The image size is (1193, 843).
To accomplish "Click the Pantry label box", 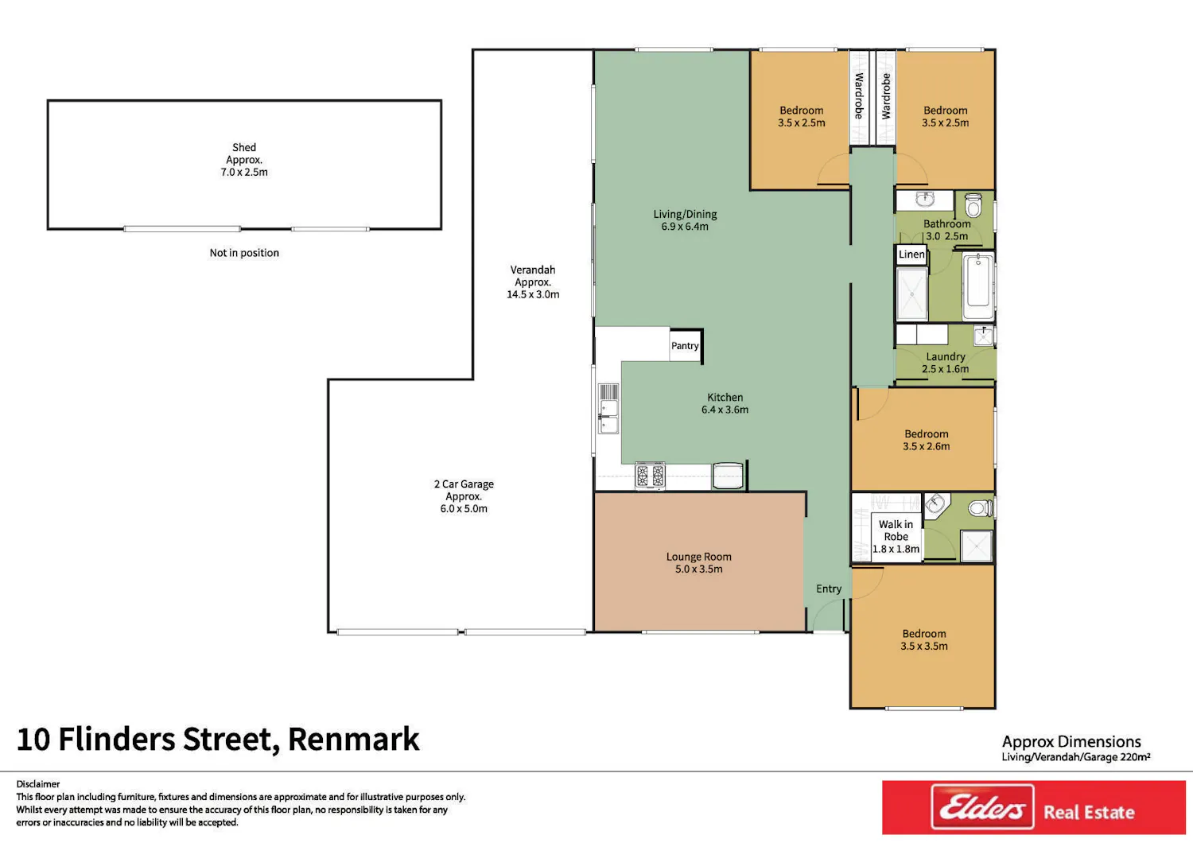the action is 686,346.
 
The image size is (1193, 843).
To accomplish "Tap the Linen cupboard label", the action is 911,254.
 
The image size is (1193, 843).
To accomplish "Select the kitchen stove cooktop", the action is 651,475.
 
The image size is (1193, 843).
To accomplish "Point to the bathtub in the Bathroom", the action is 978,286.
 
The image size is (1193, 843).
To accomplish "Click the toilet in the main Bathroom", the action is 973,205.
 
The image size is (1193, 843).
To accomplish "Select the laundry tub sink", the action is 983,336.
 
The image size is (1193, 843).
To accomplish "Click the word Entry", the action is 829,589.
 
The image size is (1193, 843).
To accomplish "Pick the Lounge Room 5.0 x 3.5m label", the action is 699,562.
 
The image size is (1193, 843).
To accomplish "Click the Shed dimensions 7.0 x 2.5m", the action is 244,172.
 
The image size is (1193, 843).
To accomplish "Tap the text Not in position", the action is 244,252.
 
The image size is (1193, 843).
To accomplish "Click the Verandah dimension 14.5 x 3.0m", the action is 533,294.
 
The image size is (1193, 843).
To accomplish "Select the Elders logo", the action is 982,806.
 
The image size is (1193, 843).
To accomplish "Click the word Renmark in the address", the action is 354,739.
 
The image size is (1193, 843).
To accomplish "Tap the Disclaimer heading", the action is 38,784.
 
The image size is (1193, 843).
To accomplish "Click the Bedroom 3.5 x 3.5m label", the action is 924,639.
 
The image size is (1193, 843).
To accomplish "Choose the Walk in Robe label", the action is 896,536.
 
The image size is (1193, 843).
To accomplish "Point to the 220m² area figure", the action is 1134,757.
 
